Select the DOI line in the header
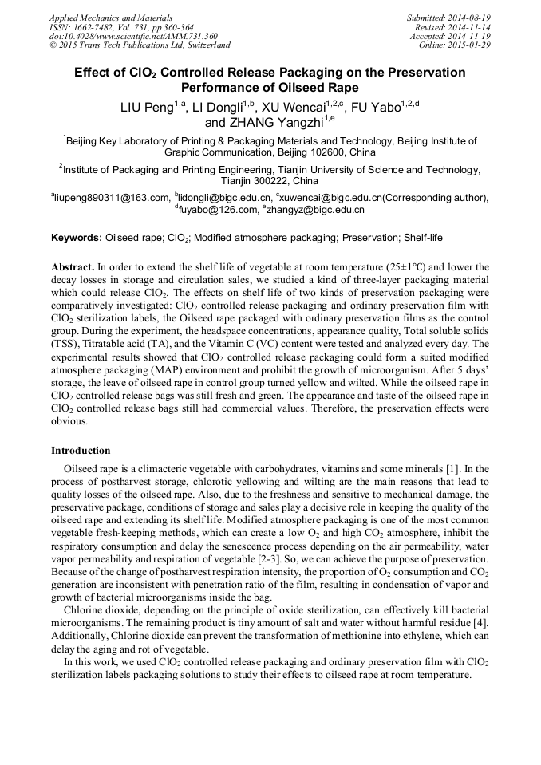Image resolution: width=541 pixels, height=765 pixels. pyautogui.click(x=132, y=36)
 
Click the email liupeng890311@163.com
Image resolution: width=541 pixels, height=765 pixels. pyautogui.click(x=113, y=198)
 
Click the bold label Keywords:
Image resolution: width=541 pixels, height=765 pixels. pyautogui.click(x=77, y=238)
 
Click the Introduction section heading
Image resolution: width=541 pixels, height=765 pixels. pyautogui.click(x=81, y=451)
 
